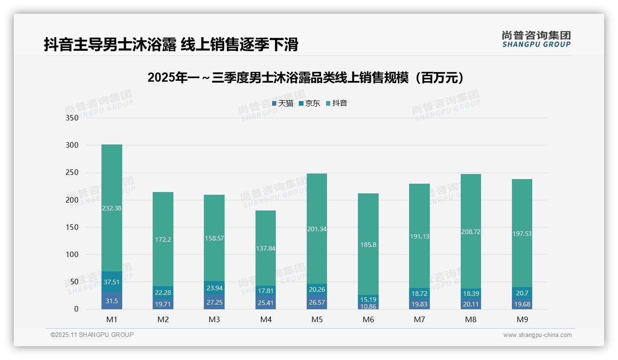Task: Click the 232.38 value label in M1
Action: (112, 208)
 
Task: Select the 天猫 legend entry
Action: (283, 103)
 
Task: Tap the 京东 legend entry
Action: (309, 103)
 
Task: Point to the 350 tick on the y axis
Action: (72, 118)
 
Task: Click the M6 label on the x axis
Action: (368, 319)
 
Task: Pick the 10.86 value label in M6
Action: (368, 306)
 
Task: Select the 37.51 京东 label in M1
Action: (112, 282)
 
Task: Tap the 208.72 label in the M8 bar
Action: (470, 232)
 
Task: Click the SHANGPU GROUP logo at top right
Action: (536, 39)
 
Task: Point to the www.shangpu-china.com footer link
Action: (537, 335)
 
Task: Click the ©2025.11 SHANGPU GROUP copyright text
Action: (92, 335)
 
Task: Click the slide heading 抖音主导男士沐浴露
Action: (171, 44)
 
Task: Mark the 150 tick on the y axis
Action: (72, 227)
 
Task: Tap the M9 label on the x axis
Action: (522, 319)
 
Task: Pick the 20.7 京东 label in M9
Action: (522, 293)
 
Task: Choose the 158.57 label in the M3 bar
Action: (214, 238)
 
